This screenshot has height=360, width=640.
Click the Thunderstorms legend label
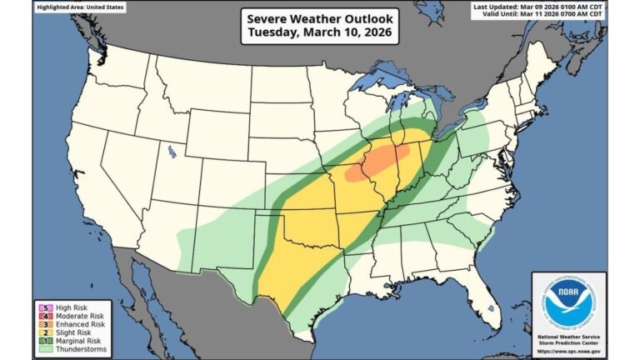coord(70,348)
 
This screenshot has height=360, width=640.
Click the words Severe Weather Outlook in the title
coord(319,17)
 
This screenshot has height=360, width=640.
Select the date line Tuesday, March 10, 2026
coord(319,33)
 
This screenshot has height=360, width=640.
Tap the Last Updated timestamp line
coord(537,7)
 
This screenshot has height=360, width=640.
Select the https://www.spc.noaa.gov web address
coord(568,350)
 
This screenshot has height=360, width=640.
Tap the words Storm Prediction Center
coord(568,342)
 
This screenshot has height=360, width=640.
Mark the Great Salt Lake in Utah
coord(172,152)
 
